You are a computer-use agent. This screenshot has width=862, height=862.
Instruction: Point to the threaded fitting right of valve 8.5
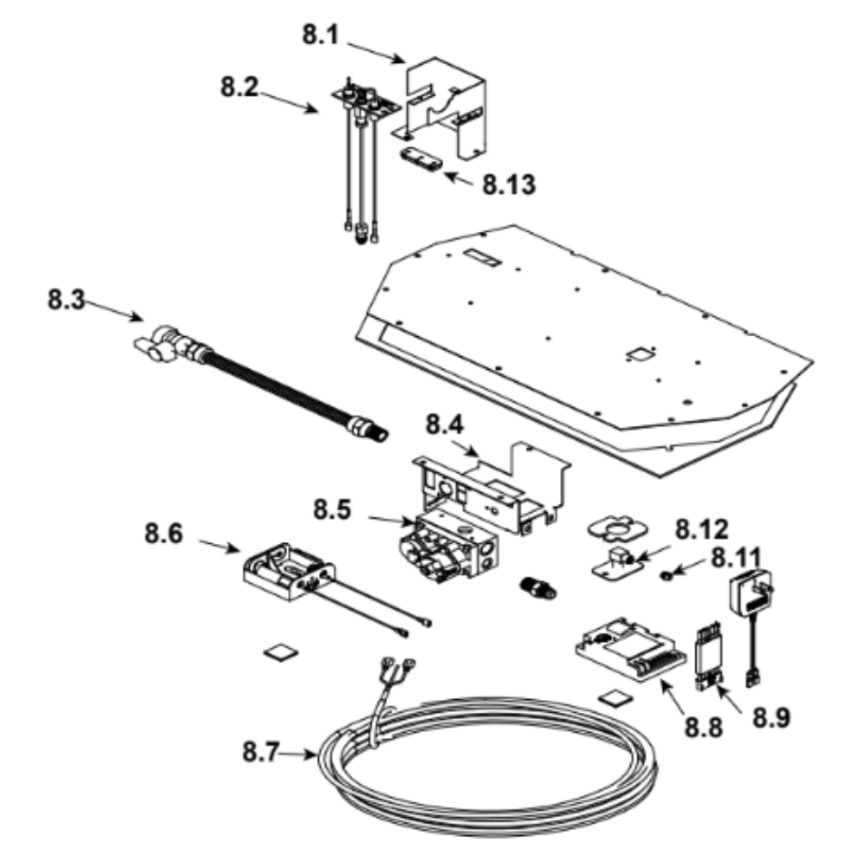coord(540,590)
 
